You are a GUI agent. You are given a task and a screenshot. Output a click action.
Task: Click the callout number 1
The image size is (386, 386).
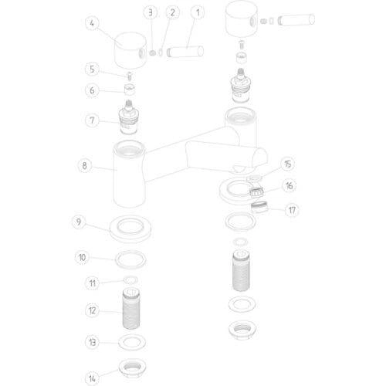click(x=198, y=12)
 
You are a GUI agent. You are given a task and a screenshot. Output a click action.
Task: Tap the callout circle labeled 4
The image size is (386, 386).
click(x=92, y=23)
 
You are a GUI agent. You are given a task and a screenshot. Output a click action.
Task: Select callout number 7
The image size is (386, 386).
click(x=92, y=120)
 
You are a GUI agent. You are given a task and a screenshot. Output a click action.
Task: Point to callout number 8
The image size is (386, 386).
click(x=84, y=165)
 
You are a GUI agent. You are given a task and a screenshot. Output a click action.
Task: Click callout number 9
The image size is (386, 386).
click(x=79, y=222)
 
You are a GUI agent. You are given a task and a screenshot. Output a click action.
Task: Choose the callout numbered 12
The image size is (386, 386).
click(x=92, y=310)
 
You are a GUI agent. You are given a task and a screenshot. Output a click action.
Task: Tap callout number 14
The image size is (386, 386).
click(x=92, y=378)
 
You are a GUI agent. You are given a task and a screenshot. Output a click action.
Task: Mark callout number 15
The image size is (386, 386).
click(x=288, y=164)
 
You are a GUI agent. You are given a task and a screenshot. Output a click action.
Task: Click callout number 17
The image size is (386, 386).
click(x=292, y=210)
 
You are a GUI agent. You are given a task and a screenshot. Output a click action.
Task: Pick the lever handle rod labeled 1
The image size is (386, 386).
click(x=185, y=51)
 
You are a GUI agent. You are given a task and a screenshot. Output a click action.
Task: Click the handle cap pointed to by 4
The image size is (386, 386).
click(x=130, y=51)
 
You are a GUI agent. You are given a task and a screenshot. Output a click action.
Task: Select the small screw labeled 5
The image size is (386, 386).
click(x=130, y=76)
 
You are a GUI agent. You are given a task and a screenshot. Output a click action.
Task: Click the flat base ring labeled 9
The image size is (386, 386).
click(x=130, y=229)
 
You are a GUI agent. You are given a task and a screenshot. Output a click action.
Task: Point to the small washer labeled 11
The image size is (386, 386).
click(x=130, y=279)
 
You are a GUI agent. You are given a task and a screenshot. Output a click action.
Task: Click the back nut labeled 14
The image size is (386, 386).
click(x=133, y=368)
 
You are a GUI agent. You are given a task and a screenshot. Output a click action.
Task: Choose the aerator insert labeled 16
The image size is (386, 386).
click(x=256, y=192)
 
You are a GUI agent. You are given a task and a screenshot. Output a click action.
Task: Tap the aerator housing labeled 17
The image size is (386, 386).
click(x=259, y=207)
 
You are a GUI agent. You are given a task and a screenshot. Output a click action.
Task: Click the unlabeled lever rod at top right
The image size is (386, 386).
click(x=296, y=20)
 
